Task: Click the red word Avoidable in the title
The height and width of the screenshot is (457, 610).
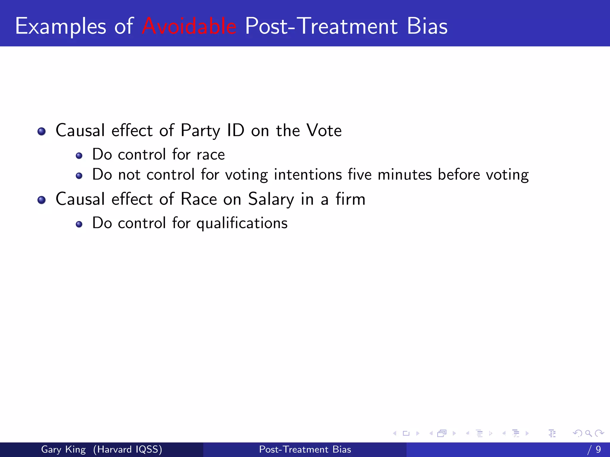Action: pos(189,26)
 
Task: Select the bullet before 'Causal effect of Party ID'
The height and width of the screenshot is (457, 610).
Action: pos(42,131)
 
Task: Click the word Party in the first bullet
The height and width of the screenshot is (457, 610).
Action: pos(200,131)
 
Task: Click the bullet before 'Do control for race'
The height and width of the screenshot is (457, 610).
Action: pos(79,156)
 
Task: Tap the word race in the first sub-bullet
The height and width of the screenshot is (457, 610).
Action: pos(211,155)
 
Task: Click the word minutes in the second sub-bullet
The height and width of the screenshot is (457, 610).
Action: pos(404,175)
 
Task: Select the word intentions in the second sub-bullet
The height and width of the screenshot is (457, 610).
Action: pos(308,175)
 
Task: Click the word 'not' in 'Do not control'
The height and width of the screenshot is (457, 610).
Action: pos(129,175)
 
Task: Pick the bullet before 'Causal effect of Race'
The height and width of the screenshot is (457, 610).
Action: pos(42,200)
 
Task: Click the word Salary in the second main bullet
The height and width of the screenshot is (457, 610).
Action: pos(271,199)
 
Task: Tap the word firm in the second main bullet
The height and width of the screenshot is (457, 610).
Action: pos(350,199)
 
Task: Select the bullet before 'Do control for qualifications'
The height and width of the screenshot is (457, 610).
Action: pos(79,224)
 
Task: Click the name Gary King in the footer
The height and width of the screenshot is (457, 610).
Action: pos(63,449)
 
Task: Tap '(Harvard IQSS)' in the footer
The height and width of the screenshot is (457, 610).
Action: pos(127,449)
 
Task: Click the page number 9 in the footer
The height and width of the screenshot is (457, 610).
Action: pos(598,449)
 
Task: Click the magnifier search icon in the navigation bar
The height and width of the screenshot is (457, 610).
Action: pos(588,433)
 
